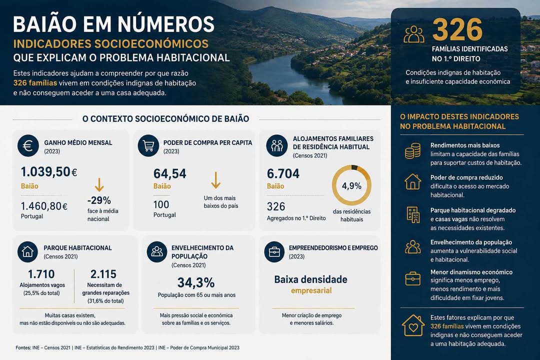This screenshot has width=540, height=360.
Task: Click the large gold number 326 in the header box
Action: tap(457, 29)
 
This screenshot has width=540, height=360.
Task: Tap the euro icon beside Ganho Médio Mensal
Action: tap(28, 145)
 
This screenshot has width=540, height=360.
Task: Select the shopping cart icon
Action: tap(148, 145)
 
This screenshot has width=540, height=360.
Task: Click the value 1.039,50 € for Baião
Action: tap(49, 171)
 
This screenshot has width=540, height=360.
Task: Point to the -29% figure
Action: tap(99, 200)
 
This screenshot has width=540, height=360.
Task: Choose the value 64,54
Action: tap(170, 173)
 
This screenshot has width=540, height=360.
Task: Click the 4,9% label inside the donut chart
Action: tap(351, 186)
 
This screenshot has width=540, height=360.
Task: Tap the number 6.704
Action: tap(283, 173)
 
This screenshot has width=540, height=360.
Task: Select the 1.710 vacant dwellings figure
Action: tap(41, 274)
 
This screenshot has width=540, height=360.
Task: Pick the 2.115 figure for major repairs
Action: tap(103, 274)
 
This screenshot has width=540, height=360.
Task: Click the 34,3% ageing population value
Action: tap(196, 283)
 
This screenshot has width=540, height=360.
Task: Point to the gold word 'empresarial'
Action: tap(311, 290)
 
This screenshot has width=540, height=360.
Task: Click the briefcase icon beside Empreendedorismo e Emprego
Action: tap(274, 252)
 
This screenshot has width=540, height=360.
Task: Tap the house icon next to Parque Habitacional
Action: tap(27, 252)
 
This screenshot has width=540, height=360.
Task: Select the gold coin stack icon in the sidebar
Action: tap(412, 151)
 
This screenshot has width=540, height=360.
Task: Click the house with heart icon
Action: tap(413, 325)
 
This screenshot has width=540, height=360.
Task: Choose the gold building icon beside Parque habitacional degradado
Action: tap(413, 214)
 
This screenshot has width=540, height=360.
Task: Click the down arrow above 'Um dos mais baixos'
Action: tap(216, 180)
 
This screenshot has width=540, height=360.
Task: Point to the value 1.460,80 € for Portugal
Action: tap(44, 206)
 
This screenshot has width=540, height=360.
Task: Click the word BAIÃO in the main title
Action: tap(45, 24)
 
